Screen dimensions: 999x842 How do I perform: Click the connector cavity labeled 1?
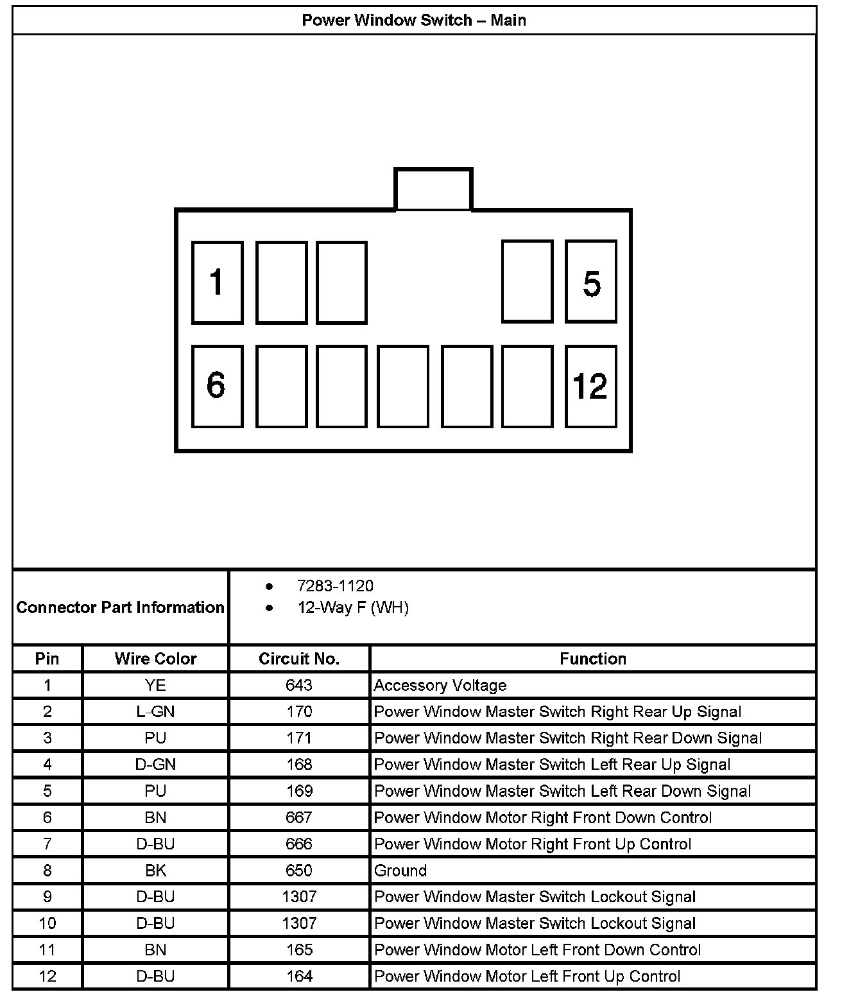pyautogui.click(x=218, y=282)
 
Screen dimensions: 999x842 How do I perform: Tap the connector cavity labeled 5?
pyautogui.click(x=591, y=282)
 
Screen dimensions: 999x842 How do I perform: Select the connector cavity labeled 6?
pyautogui.click(x=218, y=386)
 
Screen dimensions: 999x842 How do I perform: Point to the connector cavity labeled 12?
pyautogui.click(x=591, y=386)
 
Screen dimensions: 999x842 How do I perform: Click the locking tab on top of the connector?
pyautogui.click(x=433, y=189)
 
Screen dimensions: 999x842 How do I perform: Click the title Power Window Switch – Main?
pyautogui.click(x=414, y=21)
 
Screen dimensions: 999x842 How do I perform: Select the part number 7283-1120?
pyautogui.click(x=335, y=586)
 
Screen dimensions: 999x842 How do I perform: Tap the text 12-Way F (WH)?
pyautogui.click(x=353, y=607)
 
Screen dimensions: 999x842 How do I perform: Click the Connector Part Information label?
pyautogui.click(x=121, y=607)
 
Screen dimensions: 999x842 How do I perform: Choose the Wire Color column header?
pyautogui.click(x=155, y=659)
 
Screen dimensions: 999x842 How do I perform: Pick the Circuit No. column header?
pyautogui.click(x=299, y=659)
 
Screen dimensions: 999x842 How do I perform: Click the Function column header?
pyautogui.click(x=593, y=659)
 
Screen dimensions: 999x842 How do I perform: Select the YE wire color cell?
pyautogui.click(x=155, y=685)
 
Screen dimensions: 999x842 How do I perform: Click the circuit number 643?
pyautogui.click(x=299, y=685)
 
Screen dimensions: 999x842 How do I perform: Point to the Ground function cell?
pyautogui.click(x=400, y=871)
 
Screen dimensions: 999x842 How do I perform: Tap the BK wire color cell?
pyautogui.click(x=155, y=871)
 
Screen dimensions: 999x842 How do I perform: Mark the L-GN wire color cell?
pyautogui.click(x=155, y=711)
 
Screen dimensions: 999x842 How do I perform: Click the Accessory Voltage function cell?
pyautogui.click(x=440, y=685)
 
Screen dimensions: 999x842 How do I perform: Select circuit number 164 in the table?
pyautogui.click(x=299, y=977)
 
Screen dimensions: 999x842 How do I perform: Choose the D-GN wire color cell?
pyautogui.click(x=155, y=765)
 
